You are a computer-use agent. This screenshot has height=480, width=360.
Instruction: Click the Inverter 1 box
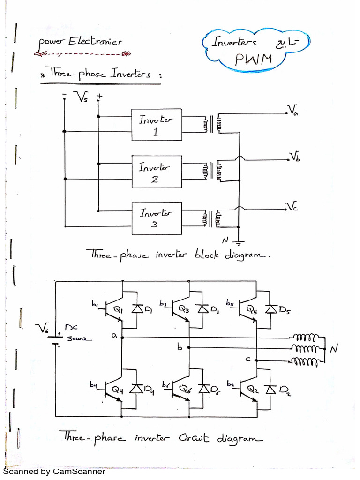click(x=156, y=125)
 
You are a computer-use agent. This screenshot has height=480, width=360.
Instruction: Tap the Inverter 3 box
click(x=156, y=218)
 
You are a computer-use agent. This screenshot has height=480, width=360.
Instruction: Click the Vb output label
click(x=294, y=157)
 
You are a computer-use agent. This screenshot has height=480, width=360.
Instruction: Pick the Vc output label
click(x=292, y=206)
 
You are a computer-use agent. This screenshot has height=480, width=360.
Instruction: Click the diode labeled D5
click(x=270, y=309)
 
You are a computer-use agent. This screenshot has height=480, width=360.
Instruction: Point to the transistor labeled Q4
click(x=113, y=389)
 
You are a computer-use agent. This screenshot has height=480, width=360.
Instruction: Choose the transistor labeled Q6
click(x=180, y=389)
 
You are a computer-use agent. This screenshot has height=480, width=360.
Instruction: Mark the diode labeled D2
click(x=270, y=389)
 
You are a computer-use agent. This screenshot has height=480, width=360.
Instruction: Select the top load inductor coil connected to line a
click(x=306, y=337)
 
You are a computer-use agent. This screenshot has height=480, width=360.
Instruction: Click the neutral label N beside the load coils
click(x=334, y=349)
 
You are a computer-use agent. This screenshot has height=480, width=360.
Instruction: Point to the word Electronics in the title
click(x=95, y=42)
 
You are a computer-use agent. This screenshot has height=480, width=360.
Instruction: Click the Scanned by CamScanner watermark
click(x=54, y=472)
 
